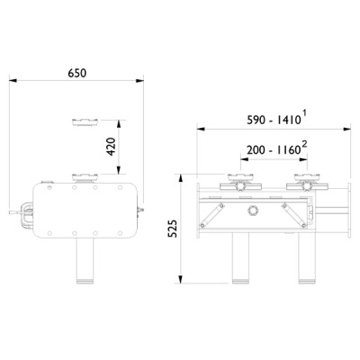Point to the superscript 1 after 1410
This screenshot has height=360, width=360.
[x=306, y=112]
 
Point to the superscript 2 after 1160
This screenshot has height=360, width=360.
[x=306, y=143]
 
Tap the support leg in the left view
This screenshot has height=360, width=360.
[x=86, y=261]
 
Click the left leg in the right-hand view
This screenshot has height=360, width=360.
[x=240, y=261]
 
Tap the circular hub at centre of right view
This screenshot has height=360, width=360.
[x=253, y=209]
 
